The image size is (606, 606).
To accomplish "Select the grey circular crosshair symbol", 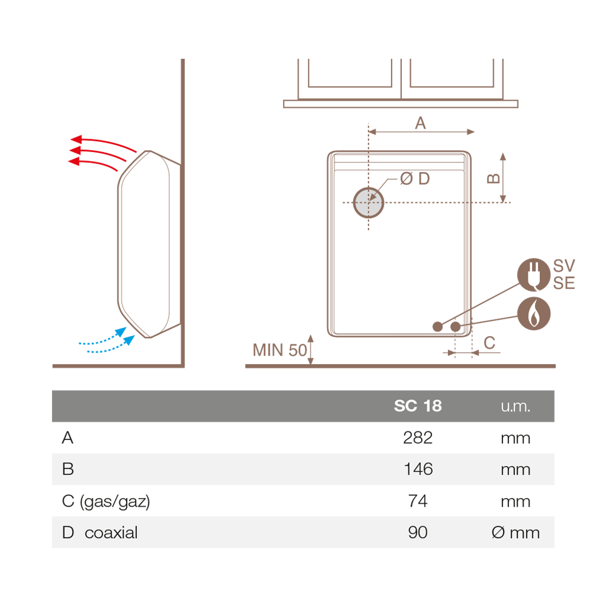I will tap(368, 202).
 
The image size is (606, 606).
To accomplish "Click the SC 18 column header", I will tap(418, 406).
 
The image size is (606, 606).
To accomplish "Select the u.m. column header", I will tap(515, 406).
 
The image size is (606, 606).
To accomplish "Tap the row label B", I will tap(68, 469).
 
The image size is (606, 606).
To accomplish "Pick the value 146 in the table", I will tap(418, 469).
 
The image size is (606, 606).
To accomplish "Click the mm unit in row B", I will tap(515, 469).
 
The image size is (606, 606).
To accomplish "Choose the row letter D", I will tap(68, 533).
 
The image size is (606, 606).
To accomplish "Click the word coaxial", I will tap(111, 533).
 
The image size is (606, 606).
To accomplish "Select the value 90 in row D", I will tap(418, 533).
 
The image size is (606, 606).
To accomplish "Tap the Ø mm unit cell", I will tap(515, 533).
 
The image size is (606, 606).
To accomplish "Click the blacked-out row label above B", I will tap(68, 438).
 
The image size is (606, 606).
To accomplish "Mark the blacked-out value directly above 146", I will tap(418, 438).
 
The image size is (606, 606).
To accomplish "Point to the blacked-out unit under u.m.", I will tap(515, 438).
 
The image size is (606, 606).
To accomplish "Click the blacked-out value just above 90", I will tap(418, 501).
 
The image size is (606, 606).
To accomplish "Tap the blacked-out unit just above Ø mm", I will tap(515, 501).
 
